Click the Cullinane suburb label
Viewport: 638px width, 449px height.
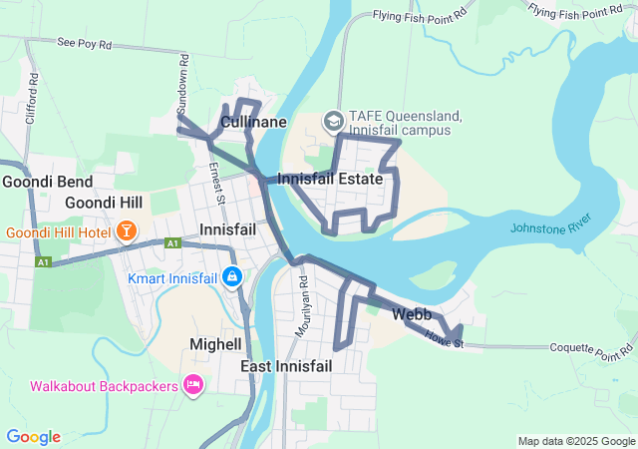tap(253, 122)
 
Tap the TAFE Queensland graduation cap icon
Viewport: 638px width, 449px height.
tap(332, 121)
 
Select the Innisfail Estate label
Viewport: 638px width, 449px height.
tap(330, 180)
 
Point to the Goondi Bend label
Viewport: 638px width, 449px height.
tap(47, 182)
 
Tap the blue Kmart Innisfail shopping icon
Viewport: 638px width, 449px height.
tap(231, 275)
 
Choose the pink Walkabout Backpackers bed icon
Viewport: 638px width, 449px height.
tap(193, 385)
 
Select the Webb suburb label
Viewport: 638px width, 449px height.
tap(412, 314)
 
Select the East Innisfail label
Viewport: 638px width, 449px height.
tap(286, 367)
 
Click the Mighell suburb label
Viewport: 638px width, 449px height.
tap(215, 344)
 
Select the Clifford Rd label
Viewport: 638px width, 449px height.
tap(33, 91)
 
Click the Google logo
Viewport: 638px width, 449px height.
tap(33, 437)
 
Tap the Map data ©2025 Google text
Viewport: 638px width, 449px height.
tap(576, 441)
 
